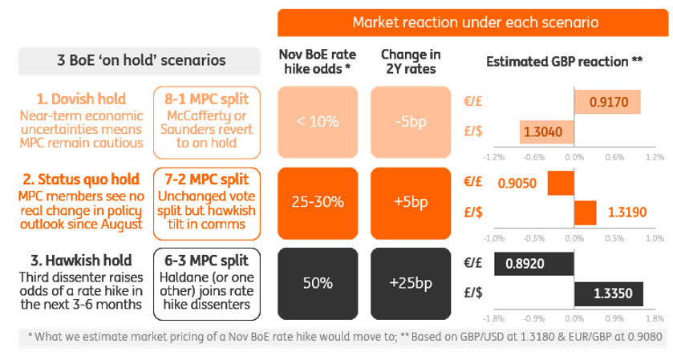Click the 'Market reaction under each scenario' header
tap(475, 22)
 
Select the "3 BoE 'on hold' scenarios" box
tap(140, 60)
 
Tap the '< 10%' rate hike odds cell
tap(318, 122)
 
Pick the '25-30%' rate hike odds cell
tap(318, 202)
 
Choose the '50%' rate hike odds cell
tap(318, 282)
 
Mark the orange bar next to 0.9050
tap(561, 183)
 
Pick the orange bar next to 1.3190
tap(586, 212)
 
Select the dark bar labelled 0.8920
tap(534, 263)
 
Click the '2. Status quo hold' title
tap(79, 179)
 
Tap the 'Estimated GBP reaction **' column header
tap(565, 61)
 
